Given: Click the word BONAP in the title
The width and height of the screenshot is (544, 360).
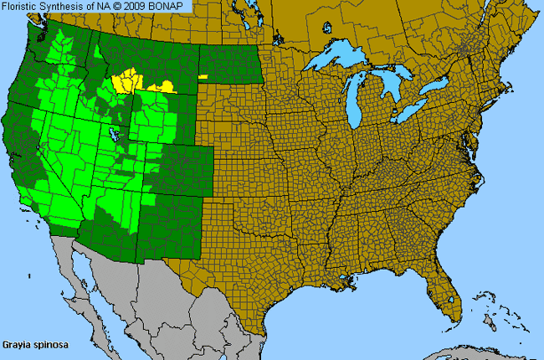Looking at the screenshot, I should [172, 7].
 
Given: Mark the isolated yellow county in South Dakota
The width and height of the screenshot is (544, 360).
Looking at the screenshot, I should [203, 76].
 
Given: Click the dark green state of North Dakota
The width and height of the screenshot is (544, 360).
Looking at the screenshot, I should [229, 63].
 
